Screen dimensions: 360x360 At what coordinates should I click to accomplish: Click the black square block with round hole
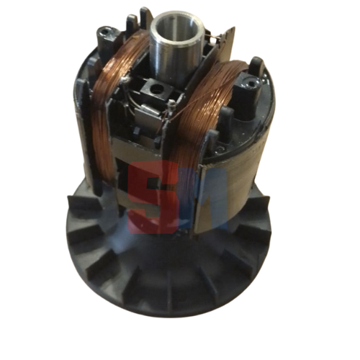click(x=157, y=91)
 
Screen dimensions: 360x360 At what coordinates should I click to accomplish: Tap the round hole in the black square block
click(x=157, y=91)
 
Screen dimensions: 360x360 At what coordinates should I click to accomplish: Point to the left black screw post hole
click(x=106, y=31)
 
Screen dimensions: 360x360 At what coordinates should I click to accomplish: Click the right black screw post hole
click(x=251, y=84)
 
